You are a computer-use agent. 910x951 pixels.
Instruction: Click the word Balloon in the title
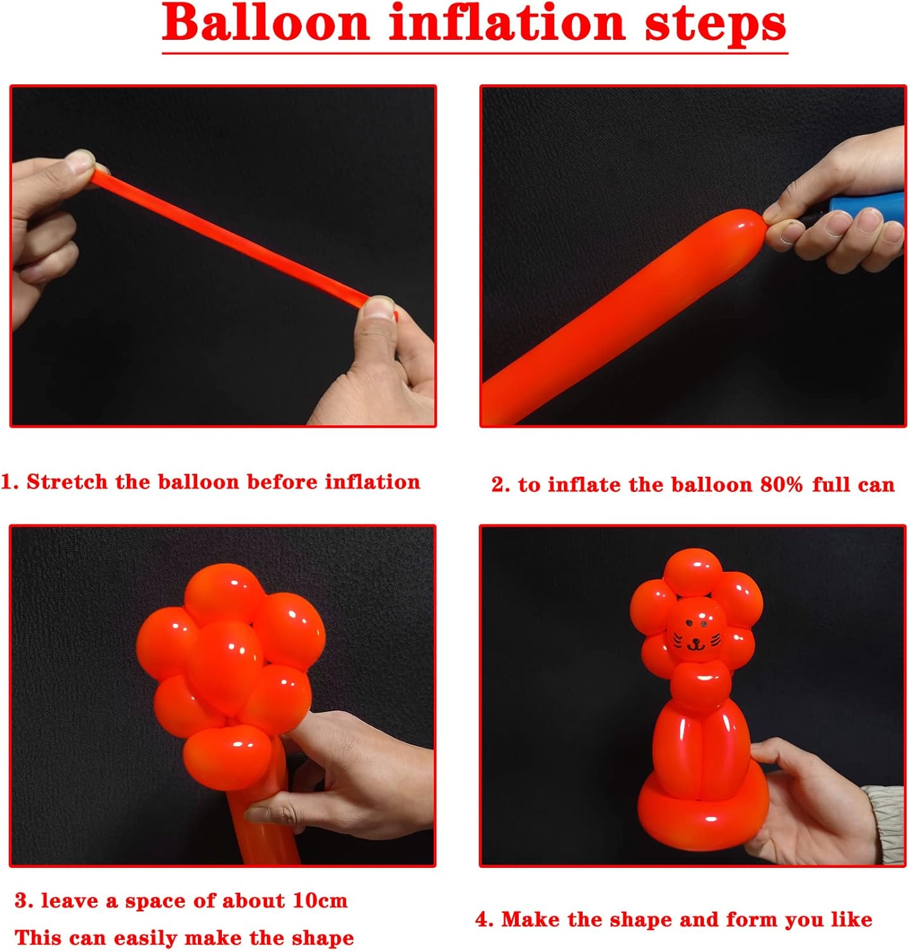click(x=266, y=23)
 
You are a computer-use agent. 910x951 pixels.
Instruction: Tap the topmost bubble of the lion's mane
click(x=692, y=569)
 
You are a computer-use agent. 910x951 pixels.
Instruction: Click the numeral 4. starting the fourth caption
click(x=483, y=920)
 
